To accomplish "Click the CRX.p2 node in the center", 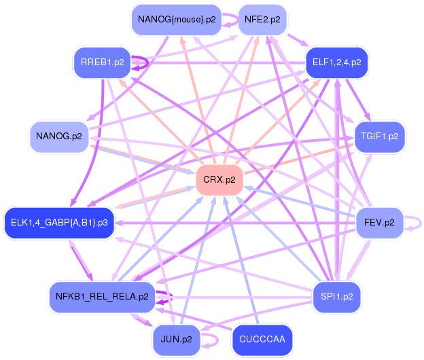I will click(x=219, y=180).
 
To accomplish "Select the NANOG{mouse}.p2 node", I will click(x=177, y=19).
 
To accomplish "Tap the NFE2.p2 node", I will click(x=262, y=19).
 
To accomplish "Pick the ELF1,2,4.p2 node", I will click(x=336, y=62).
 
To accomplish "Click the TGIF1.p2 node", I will click(x=379, y=137).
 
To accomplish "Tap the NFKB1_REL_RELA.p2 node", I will click(x=103, y=296).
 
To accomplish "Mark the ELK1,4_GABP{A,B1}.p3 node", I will click(x=59, y=222).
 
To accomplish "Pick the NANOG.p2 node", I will click(x=59, y=137).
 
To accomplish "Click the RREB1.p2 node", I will click(x=103, y=62).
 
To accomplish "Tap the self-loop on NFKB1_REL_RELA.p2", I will click(x=169, y=296).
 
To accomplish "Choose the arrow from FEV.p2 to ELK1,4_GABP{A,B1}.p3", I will click(x=238, y=222).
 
